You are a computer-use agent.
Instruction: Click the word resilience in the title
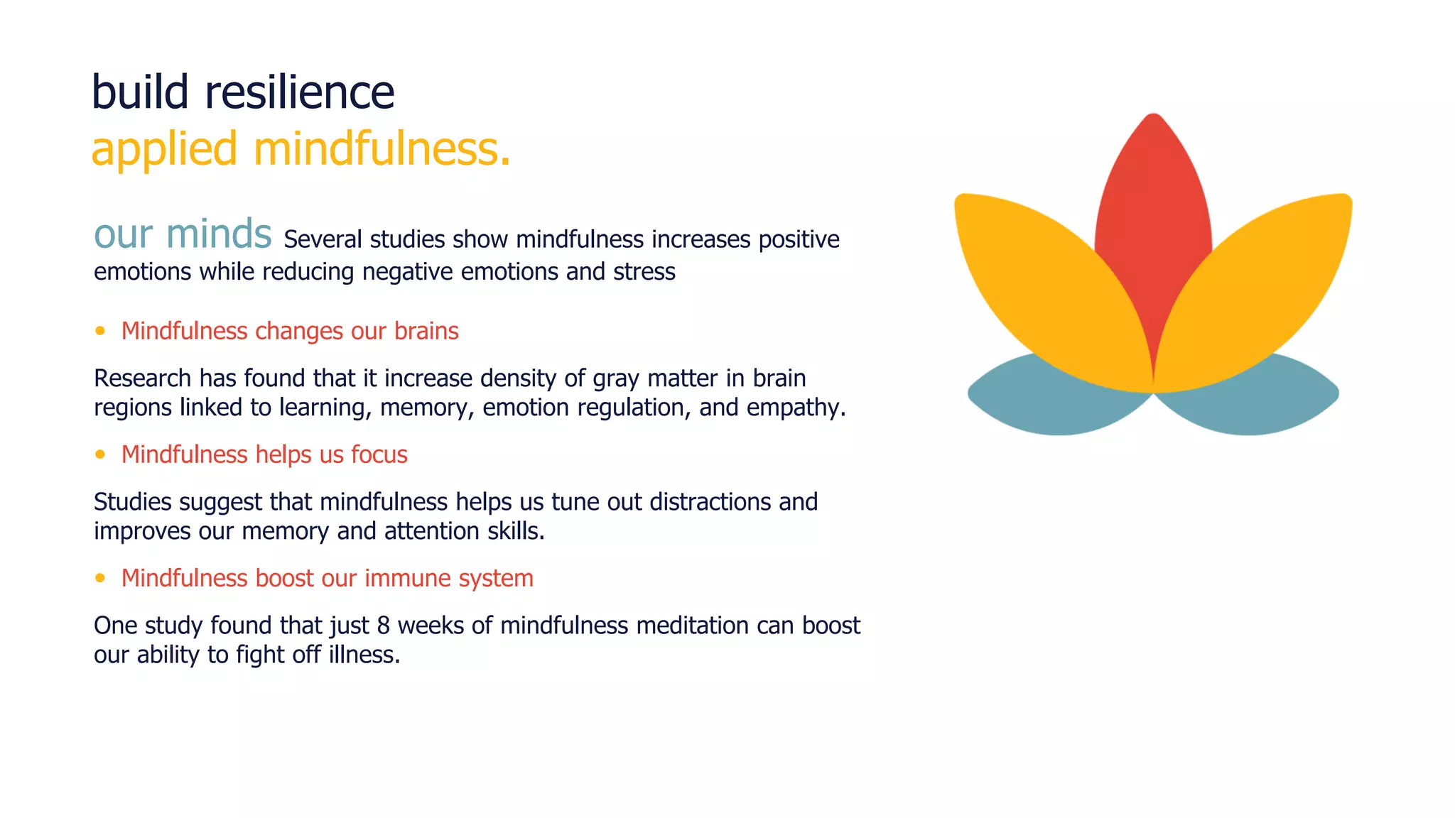299,92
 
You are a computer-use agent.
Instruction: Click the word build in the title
140,92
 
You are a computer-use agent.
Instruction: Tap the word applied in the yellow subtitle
164,150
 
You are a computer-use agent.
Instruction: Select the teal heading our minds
183,234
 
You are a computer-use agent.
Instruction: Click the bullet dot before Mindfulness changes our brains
100,331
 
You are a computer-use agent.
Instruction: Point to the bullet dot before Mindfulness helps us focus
100,454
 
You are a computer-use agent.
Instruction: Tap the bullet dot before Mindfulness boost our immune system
100,578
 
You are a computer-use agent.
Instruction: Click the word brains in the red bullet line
426,331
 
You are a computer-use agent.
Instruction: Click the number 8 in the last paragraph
384,626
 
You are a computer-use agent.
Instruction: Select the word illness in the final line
364,655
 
